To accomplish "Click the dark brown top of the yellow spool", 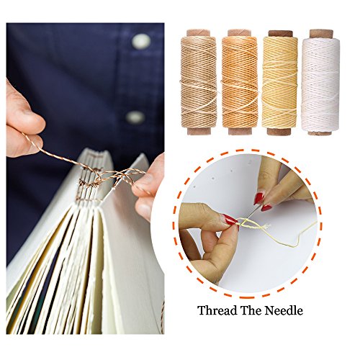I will (280, 33).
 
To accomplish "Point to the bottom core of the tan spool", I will (201, 132).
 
